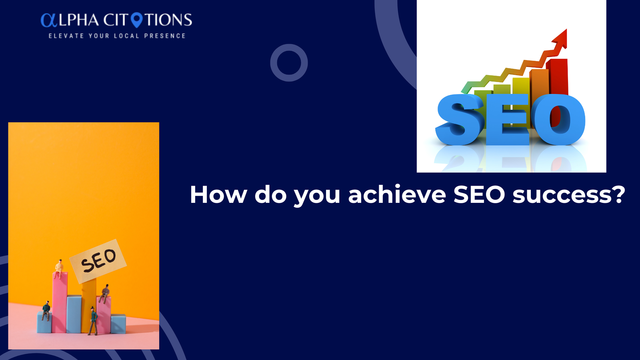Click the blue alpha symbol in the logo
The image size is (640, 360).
point(49,20)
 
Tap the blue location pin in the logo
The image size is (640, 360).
point(136,20)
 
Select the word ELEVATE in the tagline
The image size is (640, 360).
point(66,36)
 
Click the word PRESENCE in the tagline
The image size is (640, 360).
point(165,36)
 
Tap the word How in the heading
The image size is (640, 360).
point(218,194)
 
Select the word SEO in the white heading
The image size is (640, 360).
point(479,194)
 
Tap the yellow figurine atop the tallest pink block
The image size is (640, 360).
point(59,268)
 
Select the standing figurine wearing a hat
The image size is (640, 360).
point(92,320)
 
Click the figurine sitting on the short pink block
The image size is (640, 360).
point(104,294)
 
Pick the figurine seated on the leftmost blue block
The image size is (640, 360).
point(46,310)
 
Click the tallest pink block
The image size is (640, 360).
point(60,302)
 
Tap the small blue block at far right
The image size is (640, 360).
point(118,324)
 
